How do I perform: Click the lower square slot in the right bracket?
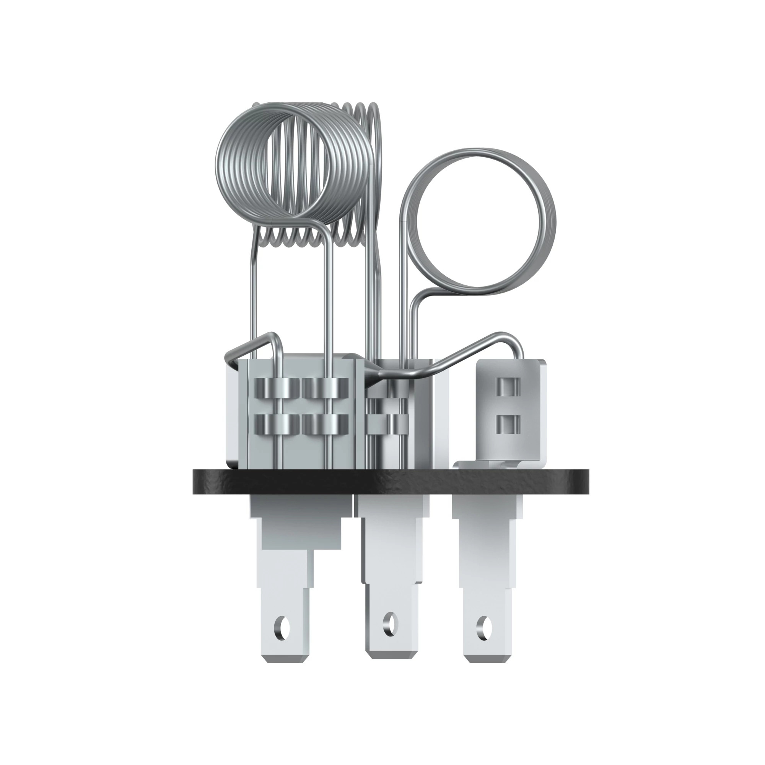[507, 424]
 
